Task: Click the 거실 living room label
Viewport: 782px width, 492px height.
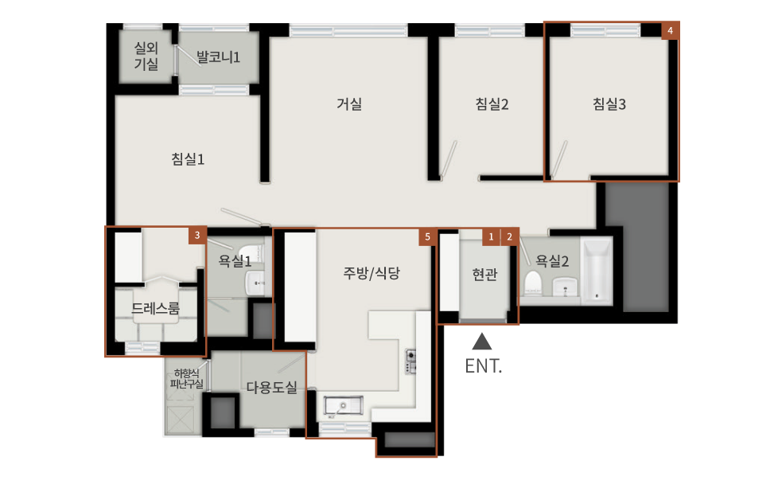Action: tap(349, 103)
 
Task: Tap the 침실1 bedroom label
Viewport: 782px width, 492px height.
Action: tap(188, 159)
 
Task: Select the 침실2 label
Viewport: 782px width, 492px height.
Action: tap(492, 103)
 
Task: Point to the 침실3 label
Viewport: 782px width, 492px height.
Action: tap(609, 103)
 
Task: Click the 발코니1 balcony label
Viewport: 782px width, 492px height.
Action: tap(218, 57)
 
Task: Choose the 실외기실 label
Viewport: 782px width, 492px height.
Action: tap(146, 56)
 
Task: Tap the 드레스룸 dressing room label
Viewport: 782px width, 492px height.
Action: tap(155, 308)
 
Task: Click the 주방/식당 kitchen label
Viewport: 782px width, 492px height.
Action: tap(372, 273)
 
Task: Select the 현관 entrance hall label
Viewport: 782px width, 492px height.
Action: tap(484, 274)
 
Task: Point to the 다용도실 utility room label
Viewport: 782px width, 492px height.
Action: tap(272, 387)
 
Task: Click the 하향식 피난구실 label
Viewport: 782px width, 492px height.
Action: tap(186, 379)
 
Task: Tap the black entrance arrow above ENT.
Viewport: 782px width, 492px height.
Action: tap(482, 342)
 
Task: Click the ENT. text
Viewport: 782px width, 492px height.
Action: tap(483, 366)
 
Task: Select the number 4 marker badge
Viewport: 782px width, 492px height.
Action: tap(671, 30)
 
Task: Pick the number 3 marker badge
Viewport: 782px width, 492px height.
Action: tap(197, 236)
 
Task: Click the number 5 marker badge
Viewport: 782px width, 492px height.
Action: tap(427, 237)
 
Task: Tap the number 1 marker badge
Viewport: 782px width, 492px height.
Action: tap(492, 237)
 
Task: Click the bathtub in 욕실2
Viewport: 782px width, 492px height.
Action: tap(597, 271)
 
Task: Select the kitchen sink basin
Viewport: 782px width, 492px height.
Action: tap(344, 406)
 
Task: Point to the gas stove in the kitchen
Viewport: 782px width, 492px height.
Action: tap(410, 361)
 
